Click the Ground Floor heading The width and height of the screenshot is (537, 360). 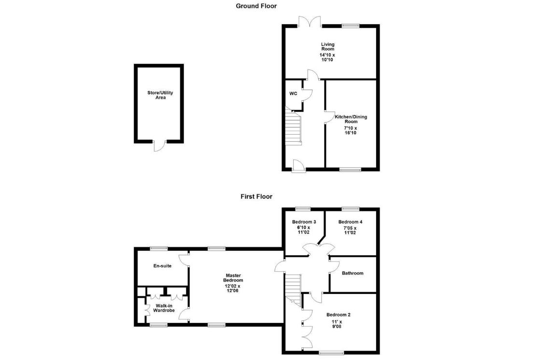click(x=256, y=6)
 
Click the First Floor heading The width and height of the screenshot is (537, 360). click(x=256, y=196)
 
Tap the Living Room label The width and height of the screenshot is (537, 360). click(x=327, y=46)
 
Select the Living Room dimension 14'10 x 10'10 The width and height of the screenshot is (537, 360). click(x=327, y=57)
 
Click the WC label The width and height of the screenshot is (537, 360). click(x=293, y=94)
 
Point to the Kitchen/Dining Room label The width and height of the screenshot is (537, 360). click(x=351, y=119)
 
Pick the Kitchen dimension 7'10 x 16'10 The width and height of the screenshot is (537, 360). click(x=350, y=130)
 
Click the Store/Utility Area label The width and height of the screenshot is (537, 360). click(x=160, y=95)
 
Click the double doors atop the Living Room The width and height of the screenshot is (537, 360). click(x=310, y=22)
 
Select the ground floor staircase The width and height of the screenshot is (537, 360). click(x=293, y=128)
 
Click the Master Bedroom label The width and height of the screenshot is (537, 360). click(x=233, y=277)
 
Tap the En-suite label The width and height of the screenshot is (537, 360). click(x=162, y=266)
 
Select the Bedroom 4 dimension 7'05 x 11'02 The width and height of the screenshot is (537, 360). click(x=350, y=230)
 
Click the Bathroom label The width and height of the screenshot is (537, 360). click(x=353, y=273)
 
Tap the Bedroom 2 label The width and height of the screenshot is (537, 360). click(x=339, y=315)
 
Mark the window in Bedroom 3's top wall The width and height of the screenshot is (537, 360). click(x=303, y=209)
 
